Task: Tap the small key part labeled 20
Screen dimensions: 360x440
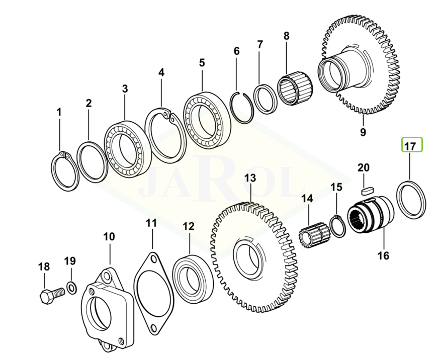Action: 367,191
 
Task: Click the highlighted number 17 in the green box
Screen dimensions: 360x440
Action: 410,146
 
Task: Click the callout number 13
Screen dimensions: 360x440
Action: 250,178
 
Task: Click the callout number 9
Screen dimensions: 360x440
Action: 363,132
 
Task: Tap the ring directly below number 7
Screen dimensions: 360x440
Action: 265,99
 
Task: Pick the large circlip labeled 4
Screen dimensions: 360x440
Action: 166,136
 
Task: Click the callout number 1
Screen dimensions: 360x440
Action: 59,112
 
